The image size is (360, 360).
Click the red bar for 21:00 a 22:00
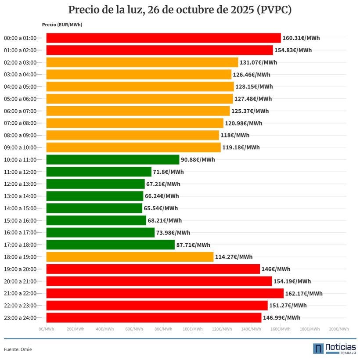pos(165,293)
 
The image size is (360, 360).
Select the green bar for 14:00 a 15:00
pos(94,208)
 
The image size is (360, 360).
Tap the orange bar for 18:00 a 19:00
pos(130,257)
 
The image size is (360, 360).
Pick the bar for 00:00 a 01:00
pos(163,38)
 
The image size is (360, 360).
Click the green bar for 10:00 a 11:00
pos(112,159)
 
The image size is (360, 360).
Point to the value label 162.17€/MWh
pos(304,293)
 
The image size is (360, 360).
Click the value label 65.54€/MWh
pos(161,208)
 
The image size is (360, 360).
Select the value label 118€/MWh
pos(235,135)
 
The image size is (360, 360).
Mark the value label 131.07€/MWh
pos(258,62)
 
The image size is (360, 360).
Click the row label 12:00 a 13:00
pos(20,184)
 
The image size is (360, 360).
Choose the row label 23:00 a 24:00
pos(20,317)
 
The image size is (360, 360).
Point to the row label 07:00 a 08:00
pos(20,123)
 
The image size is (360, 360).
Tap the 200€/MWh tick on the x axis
pos(338,329)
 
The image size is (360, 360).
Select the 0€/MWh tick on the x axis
pos(46,329)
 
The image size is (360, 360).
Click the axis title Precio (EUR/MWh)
pos(62,25)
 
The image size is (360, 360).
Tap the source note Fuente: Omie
pos(18,349)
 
